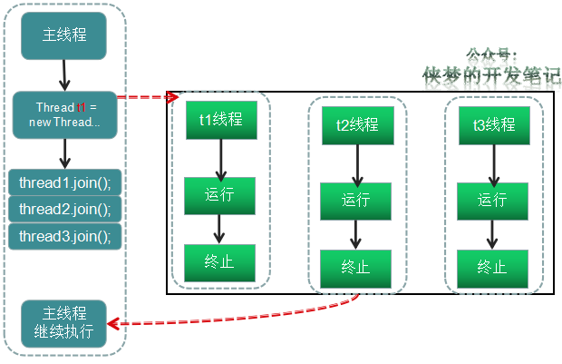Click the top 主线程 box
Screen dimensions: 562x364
(x=63, y=35)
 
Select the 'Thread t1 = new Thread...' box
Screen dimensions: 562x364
(x=65, y=115)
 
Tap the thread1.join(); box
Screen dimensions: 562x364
(x=65, y=182)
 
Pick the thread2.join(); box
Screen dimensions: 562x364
(x=65, y=209)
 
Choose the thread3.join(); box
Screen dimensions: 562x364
(x=65, y=236)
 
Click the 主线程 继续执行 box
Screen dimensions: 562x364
(x=63, y=324)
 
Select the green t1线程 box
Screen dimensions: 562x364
(x=221, y=120)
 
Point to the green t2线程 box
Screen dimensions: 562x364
(x=358, y=125)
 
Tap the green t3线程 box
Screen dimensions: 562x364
(x=494, y=125)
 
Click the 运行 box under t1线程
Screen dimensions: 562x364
(x=219, y=196)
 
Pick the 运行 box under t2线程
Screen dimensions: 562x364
(x=355, y=201)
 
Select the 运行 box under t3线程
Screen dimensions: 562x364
(x=492, y=201)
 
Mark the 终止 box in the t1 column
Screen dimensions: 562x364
(x=219, y=262)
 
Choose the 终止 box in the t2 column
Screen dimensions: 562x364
(x=355, y=269)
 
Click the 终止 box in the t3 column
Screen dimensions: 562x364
(x=492, y=269)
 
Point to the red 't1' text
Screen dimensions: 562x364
(x=82, y=107)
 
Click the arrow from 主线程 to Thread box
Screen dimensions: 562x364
(x=64, y=75)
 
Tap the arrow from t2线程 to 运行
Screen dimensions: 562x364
(x=357, y=166)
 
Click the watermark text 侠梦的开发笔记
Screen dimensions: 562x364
(x=491, y=76)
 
